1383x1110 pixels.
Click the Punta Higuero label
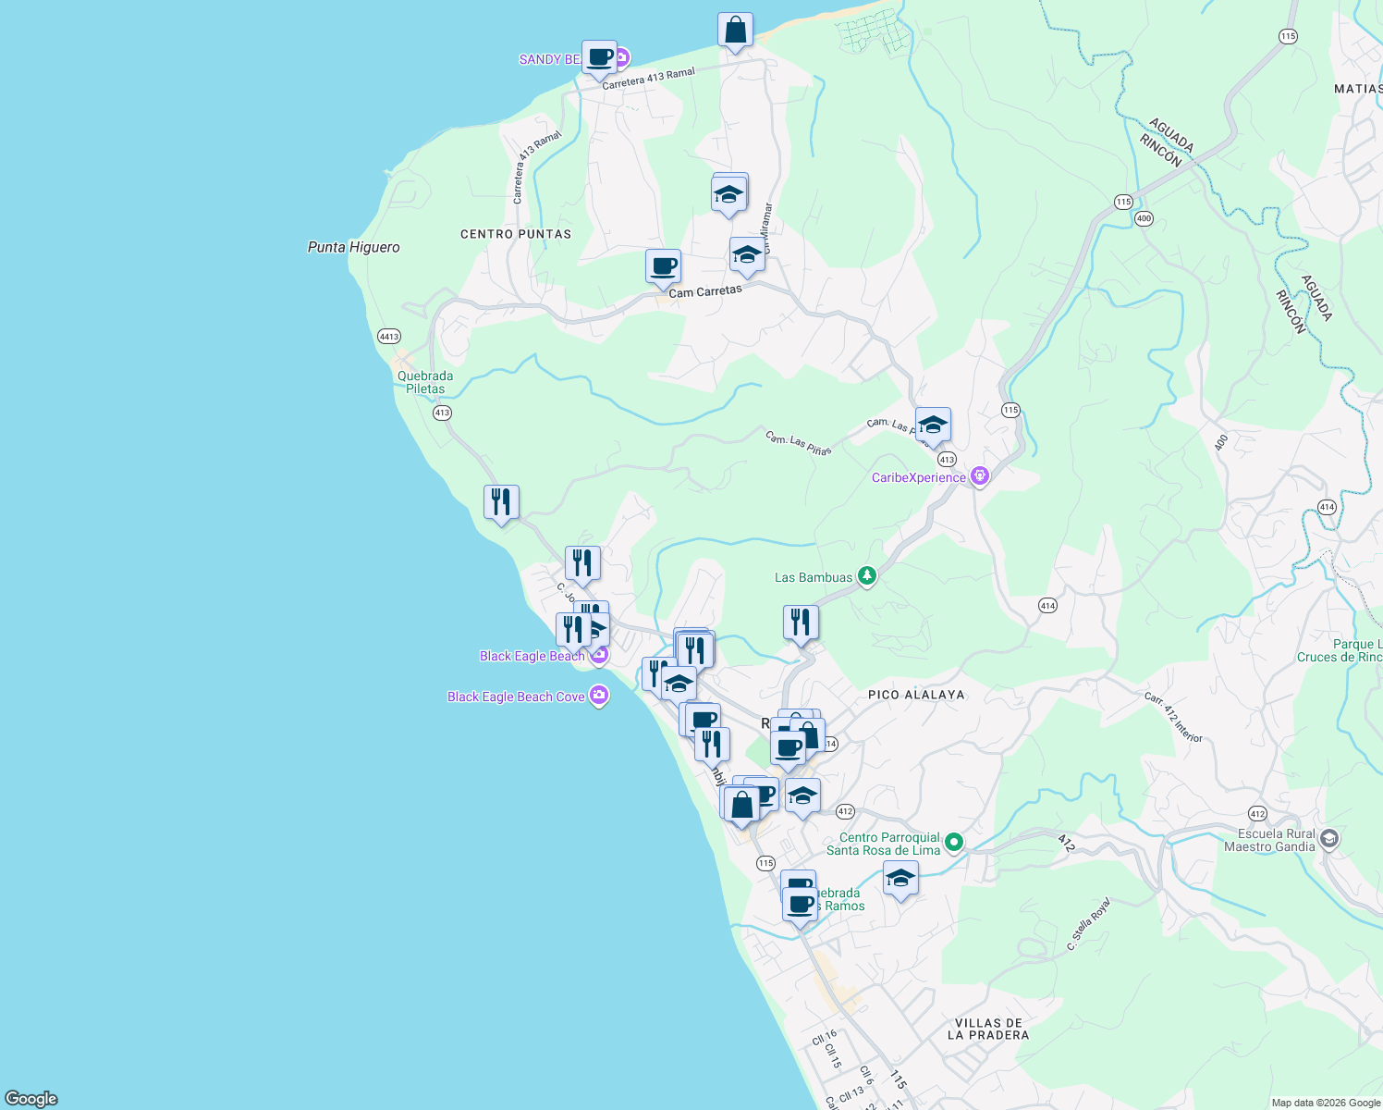pos(353,247)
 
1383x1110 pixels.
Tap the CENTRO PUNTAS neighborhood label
pos(516,234)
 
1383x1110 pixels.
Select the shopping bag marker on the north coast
pos(735,31)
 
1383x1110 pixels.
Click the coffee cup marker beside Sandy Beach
pos(599,57)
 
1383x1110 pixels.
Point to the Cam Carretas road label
pos(704,291)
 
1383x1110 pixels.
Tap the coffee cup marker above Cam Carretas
pos(663,266)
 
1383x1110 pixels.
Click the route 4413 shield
pos(389,336)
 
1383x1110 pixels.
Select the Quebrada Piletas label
pos(425,382)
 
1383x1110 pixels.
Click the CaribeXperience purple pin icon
pos(980,477)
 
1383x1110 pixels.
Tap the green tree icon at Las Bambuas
pos(866,576)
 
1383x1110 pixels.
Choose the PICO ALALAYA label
pos(916,695)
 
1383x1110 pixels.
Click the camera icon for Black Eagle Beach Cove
pos(599,696)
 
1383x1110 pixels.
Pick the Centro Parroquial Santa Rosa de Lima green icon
pos(954,843)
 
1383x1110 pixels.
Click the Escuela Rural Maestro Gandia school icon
pos(1328,839)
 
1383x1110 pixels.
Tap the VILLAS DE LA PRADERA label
pos(988,1029)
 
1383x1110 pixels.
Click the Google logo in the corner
pos(31,1098)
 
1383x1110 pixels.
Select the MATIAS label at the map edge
pos(1357,89)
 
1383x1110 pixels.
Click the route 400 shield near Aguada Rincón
pos(1144,218)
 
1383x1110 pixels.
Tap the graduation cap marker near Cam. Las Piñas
pos(932,425)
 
